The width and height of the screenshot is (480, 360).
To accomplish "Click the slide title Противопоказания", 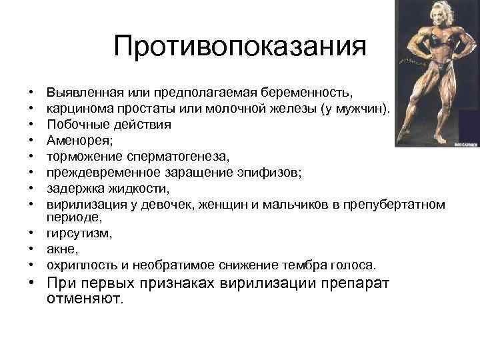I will pyautogui.click(x=240, y=47).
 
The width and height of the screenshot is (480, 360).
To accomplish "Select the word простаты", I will pyautogui.click(x=133, y=108).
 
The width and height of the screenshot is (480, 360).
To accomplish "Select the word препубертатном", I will pyautogui.click(x=397, y=204).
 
